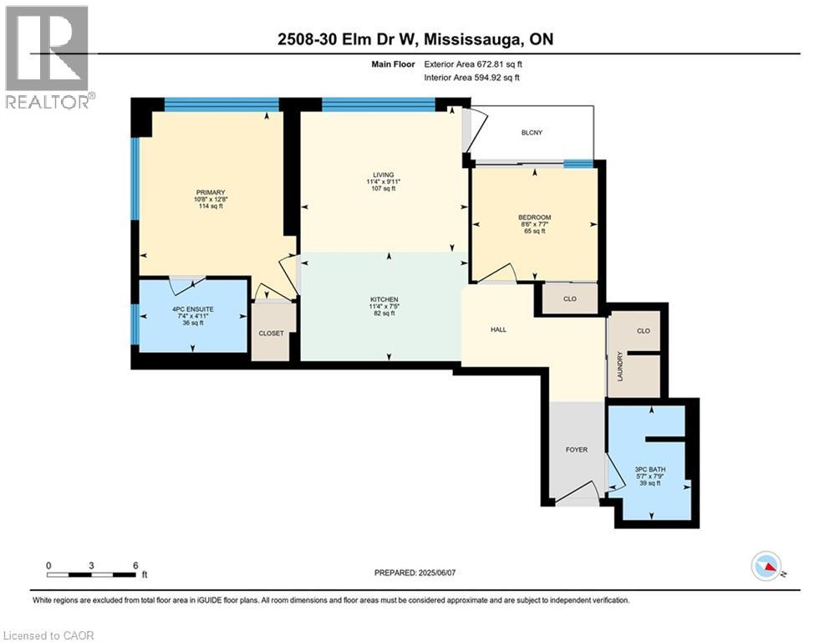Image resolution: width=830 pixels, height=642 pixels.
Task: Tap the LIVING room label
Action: point(384,174)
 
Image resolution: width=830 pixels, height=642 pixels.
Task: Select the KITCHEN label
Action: point(384,299)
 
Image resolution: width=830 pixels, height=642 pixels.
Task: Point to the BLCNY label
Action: point(531,132)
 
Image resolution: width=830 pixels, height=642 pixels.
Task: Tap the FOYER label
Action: point(576,450)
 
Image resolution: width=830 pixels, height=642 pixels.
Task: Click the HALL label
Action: point(499,329)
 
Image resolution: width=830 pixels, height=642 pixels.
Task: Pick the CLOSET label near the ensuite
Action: point(270,333)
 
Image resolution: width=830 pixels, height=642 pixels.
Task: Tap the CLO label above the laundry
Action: point(643,330)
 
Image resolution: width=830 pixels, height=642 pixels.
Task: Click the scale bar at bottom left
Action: point(92,573)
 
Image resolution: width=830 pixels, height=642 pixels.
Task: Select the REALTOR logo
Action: point(48,57)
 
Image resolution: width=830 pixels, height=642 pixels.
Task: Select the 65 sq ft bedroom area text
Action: point(533,232)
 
